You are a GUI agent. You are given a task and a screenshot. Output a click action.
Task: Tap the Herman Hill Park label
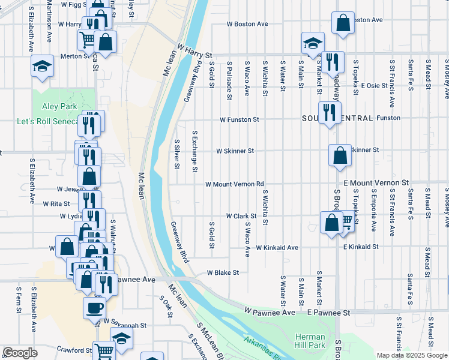pyautogui.click(x=310, y=341)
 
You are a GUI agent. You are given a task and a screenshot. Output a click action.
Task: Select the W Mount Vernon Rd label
pyautogui.click(x=234, y=184)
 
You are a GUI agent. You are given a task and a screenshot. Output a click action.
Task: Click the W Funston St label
pyautogui.click(x=239, y=119)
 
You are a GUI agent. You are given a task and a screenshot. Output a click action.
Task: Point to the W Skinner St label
pyautogui.click(x=235, y=151)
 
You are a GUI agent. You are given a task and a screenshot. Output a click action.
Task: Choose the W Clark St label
pyautogui.click(x=241, y=215)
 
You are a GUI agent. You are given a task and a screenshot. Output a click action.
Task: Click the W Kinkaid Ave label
pyautogui.click(x=277, y=247)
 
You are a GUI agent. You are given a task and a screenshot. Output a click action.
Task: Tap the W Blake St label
pyautogui.click(x=223, y=272)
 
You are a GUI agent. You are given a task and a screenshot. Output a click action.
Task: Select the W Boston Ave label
pyautogui.click(x=247, y=24)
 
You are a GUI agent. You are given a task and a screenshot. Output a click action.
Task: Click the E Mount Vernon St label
pyautogui.click(x=376, y=182)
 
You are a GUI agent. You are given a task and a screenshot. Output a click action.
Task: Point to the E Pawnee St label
pyautogui.click(x=328, y=313)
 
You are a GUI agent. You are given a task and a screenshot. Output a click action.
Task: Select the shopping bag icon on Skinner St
pyautogui.click(x=340, y=155)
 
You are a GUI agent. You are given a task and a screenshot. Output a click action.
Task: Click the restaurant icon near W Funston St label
pyautogui.click(x=329, y=112)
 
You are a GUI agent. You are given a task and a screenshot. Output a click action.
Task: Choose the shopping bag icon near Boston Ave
pyautogui.click(x=342, y=23)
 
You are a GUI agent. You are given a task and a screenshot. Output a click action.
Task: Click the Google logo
pyautogui.click(x=20, y=353)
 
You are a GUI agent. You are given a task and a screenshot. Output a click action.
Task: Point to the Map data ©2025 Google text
pyautogui.click(x=411, y=355)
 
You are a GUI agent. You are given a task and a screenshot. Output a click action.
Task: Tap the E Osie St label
pyautogui.click(x=373, y=85)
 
